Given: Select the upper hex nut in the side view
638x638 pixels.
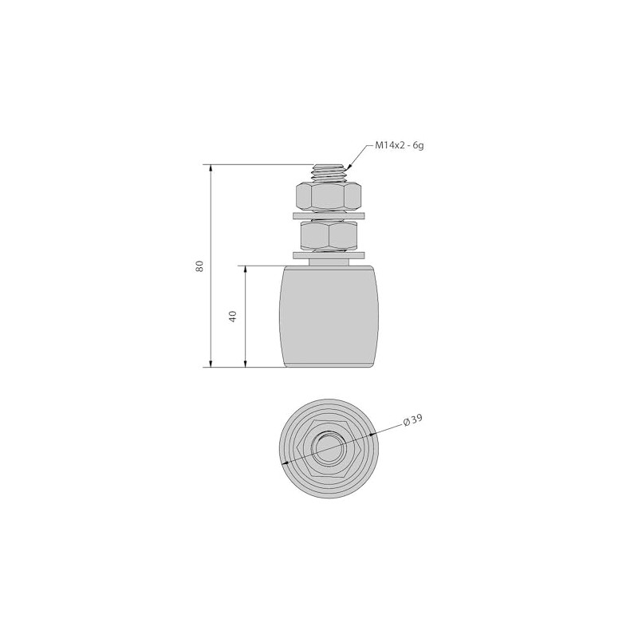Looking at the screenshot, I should tap(328, 196).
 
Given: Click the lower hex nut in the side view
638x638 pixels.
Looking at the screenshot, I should tap(328, 235).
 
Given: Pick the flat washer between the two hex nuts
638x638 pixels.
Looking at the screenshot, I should tap(328, 215).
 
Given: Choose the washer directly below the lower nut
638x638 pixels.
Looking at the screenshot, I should tap(328, 255).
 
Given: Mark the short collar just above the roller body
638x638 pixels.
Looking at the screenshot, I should tap(328, 262).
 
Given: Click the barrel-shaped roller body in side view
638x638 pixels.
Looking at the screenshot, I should tap(328, 315).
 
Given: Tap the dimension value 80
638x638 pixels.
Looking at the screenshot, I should tap(200, 266).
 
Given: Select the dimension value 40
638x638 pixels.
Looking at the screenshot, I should tap(233, 317).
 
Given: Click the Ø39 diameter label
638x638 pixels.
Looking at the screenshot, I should tap(412, 420).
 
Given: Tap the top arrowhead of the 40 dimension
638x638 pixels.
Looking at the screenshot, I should tap(245, 270).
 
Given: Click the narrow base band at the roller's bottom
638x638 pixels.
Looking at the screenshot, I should tap(328, 365).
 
